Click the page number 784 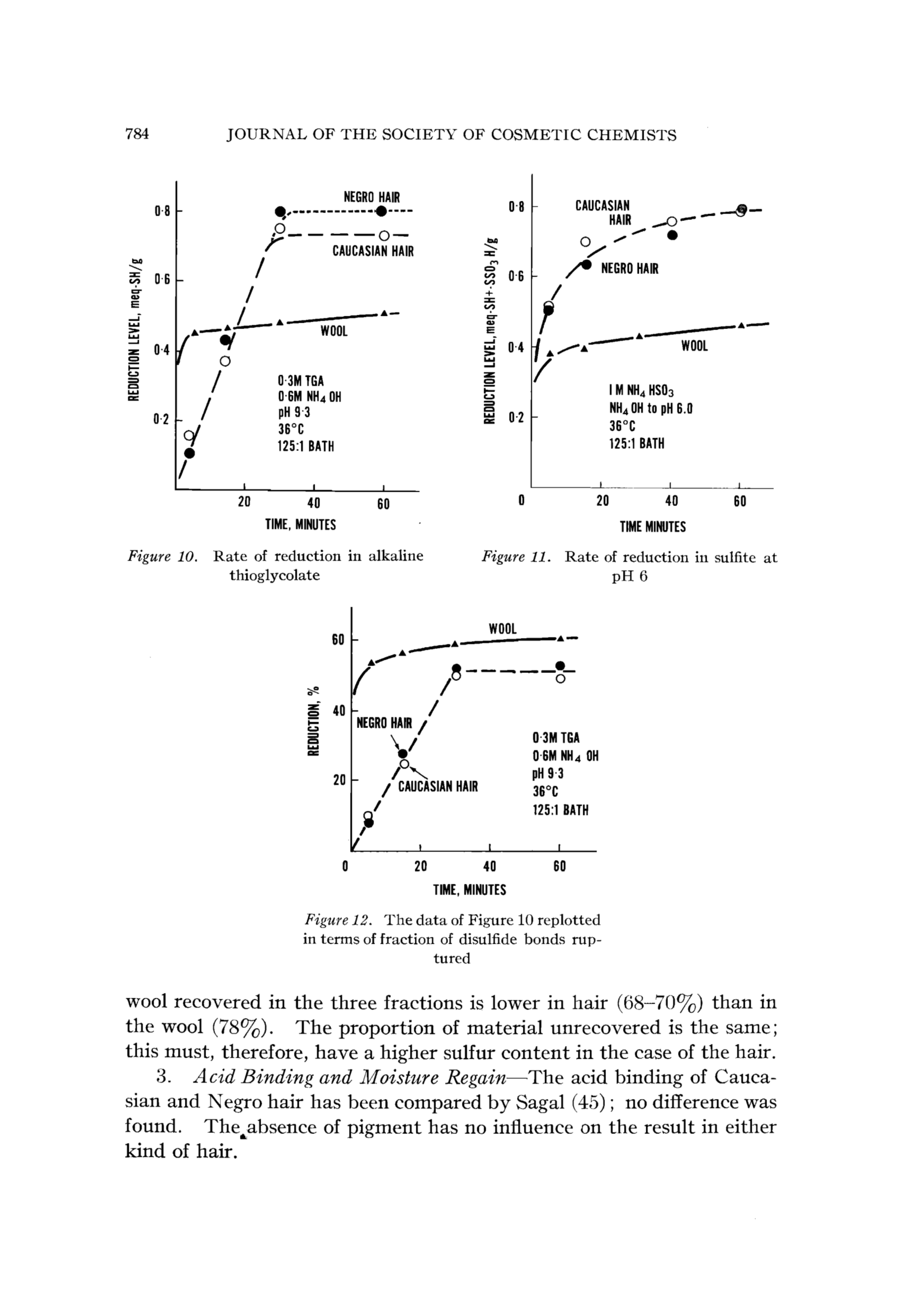tap(137, 135)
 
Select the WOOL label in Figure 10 tap(334, 331)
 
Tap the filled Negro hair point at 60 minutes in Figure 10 tap(382, 211)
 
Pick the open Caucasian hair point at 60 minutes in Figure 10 tap(384, 235)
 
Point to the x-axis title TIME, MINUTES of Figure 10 tap(301, 525)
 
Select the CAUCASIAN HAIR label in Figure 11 tap(603, 212)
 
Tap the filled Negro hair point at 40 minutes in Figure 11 tap(672, 235)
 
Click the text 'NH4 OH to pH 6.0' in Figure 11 tap(650, 408)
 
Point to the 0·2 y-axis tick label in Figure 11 tap(516, 418)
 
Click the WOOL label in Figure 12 tap(502, 629)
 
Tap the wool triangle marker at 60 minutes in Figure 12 tap(560, 639)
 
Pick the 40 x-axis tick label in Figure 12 tap(490, 866)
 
